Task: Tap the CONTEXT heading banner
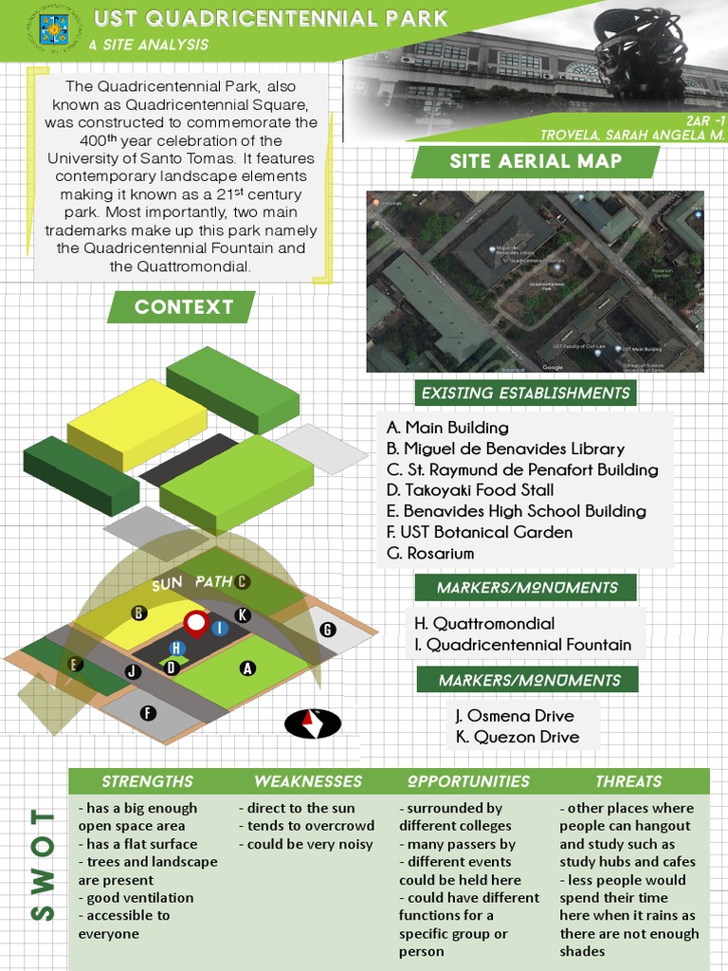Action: (x=183, y=307)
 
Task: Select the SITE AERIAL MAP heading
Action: (x=536, y=161)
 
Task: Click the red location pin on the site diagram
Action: (x=196, y=625)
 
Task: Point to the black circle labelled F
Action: (x=147, y=713)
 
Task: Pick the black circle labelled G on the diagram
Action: (x=328, y=630)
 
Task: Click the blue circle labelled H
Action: (x=175, y=648)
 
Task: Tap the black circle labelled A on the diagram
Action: (x=247, y=668)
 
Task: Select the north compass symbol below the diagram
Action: (x=313, y=724)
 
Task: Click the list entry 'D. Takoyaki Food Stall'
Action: (x=470, y=490)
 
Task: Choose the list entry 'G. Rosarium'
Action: (x=430, y=553)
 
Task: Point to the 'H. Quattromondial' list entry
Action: (x=484, y=624)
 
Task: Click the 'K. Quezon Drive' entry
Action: (x=517, y=737)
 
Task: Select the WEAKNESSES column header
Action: (x=308, y=781)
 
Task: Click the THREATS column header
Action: (x=628, y=781)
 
